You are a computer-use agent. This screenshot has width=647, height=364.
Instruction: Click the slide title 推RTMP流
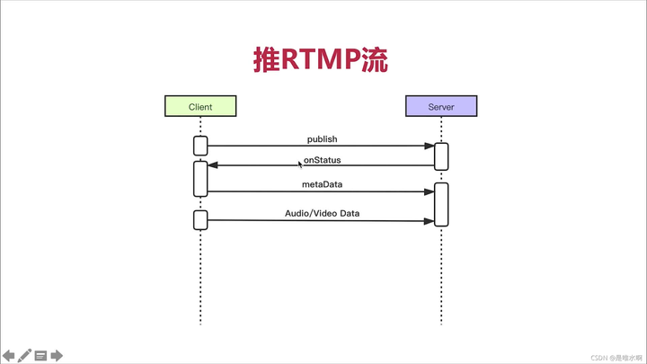tap(321, 59)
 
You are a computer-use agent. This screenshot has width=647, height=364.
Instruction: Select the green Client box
tap(200, 107)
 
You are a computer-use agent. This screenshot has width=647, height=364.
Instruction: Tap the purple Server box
tap(440, 107)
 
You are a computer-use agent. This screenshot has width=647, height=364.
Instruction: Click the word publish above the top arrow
tap(322, 139)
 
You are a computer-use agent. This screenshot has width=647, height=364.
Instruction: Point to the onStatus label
tap(322, 160)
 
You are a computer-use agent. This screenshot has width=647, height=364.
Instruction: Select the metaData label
tap(322, 184)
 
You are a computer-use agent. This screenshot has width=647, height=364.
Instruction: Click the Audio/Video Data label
tap(322, 213)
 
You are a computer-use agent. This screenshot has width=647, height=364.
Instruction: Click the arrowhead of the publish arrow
tap(430, 146)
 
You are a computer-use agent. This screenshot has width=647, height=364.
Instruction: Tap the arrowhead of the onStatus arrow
tap(212, 165)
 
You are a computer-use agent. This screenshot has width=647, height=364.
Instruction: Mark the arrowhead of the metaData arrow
tap(430, 191)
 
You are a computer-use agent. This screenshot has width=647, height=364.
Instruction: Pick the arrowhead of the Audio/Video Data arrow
tap(430, 220)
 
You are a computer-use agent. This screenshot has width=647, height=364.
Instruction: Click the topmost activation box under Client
tap(200, 146)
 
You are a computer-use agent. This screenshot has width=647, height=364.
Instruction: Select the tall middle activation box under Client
tap(200, 178)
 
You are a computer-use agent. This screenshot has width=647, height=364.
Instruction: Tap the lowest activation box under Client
tap(200, 219)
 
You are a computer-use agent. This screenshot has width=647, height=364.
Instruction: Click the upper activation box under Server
tap(441, 155)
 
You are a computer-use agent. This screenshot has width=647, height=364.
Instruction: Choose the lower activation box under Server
tap(441, 205)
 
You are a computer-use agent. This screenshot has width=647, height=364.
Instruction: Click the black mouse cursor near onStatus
tap(300, 164)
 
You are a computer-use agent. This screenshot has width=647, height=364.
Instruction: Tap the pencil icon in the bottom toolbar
tap(24, 355)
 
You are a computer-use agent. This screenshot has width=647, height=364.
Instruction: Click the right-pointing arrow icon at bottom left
tap(57, 355)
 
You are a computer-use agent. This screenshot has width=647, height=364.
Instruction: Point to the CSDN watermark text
tap(610, 357)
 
